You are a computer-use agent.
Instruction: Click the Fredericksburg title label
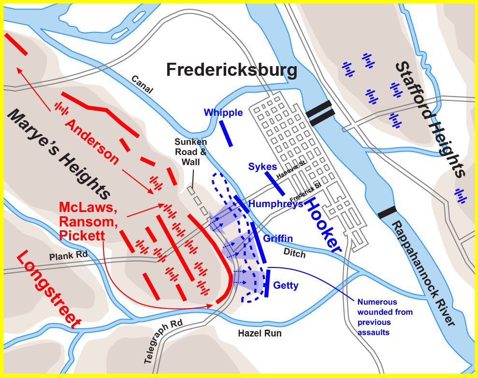tap(232, 70)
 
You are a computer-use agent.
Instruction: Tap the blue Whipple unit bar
tap(226, 133)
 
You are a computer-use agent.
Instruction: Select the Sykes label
tap(262, 167)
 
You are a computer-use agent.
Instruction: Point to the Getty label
tap(286, 285)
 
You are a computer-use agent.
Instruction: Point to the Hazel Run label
tap(259, 334)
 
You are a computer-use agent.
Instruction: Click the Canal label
tap(141, 84)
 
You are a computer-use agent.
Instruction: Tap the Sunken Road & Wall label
tap(190, 152)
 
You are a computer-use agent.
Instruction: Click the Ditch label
tap(294, 253)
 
